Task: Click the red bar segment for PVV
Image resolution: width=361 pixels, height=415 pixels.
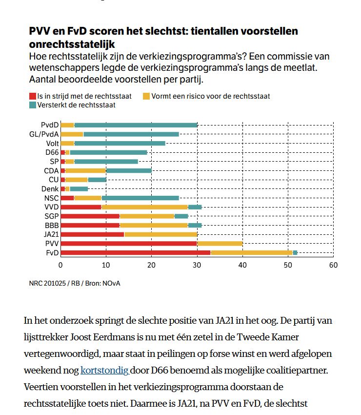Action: (x=129, y=243)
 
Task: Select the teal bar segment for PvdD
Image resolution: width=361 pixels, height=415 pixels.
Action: (x=136, y=125)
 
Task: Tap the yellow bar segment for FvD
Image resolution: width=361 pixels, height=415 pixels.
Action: (x=251, y=252)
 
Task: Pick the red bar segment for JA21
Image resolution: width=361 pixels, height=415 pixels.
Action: (x=92, y=234)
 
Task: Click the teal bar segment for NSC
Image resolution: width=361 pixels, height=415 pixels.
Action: (x=140, y=198)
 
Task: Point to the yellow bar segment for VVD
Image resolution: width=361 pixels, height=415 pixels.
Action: (x=144, y=207)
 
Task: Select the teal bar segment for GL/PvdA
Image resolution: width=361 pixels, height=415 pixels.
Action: (x=131, y=134)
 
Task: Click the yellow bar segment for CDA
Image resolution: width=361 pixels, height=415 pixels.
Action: (x=85, y=170)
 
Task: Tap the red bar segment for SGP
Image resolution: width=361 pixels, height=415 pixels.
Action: (x=90, y=216)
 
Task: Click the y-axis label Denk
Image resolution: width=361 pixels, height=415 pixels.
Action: (x=50, y=188)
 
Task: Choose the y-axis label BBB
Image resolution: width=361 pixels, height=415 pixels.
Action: (x=51, y=225)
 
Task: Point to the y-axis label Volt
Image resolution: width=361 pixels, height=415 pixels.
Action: (x=52, y=143)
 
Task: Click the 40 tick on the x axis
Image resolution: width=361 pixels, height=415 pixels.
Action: (x=242, y=265)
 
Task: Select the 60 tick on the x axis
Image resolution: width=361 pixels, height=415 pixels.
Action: (x=333, y=265)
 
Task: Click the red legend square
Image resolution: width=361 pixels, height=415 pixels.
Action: (x=33, y=96)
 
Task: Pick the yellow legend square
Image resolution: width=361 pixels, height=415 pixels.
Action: (x=146, y=96)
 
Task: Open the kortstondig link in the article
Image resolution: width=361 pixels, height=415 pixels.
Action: (x=104, y=370)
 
